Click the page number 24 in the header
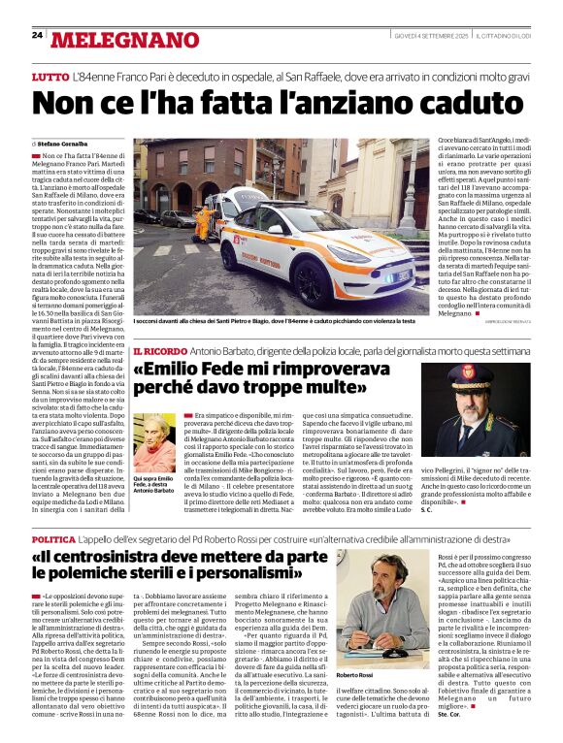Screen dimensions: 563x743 click(37, 36)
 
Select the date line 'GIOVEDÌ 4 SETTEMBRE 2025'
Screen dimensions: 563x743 click(433, 37)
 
